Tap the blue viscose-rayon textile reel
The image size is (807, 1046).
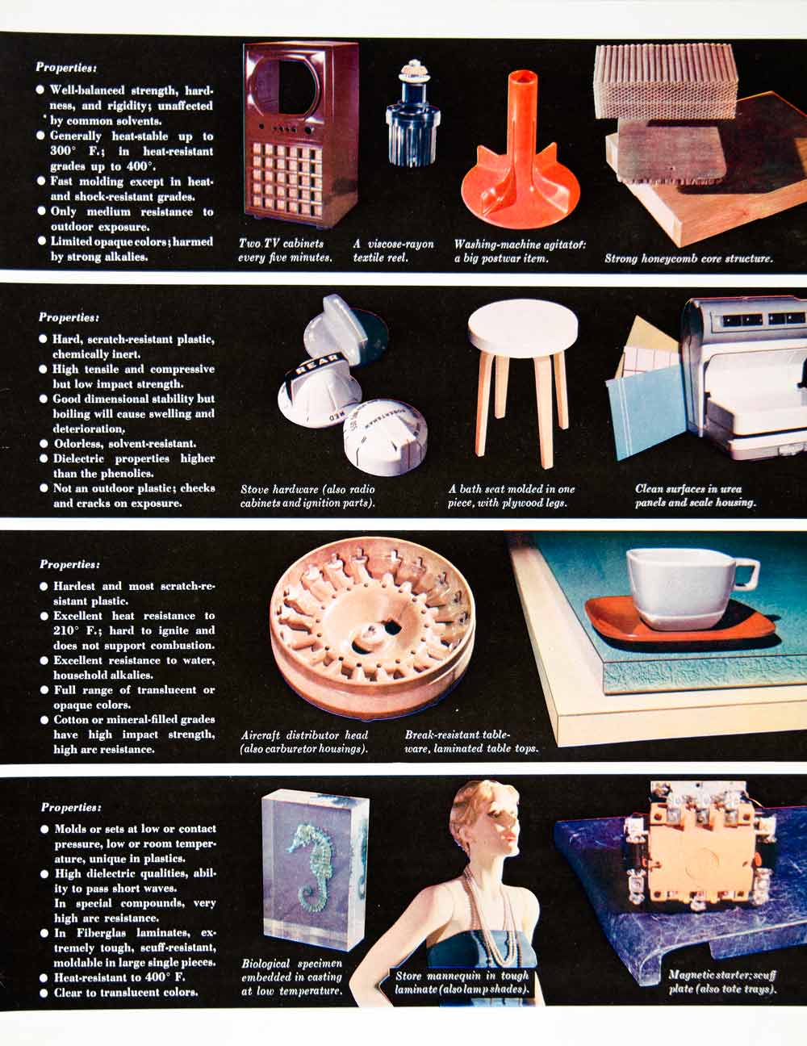tap(413, 115)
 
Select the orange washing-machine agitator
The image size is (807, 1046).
tap(520, 159)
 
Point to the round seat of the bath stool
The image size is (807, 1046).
tap(523, 328)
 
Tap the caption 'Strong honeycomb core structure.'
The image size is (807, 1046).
tap(688, 258)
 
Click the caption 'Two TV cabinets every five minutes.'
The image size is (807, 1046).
tap(285, 250)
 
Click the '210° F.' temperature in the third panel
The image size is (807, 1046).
tap(75, 630)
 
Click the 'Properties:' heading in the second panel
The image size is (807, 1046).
tap(69, 318)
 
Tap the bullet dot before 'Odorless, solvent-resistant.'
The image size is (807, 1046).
tap(44, 443)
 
